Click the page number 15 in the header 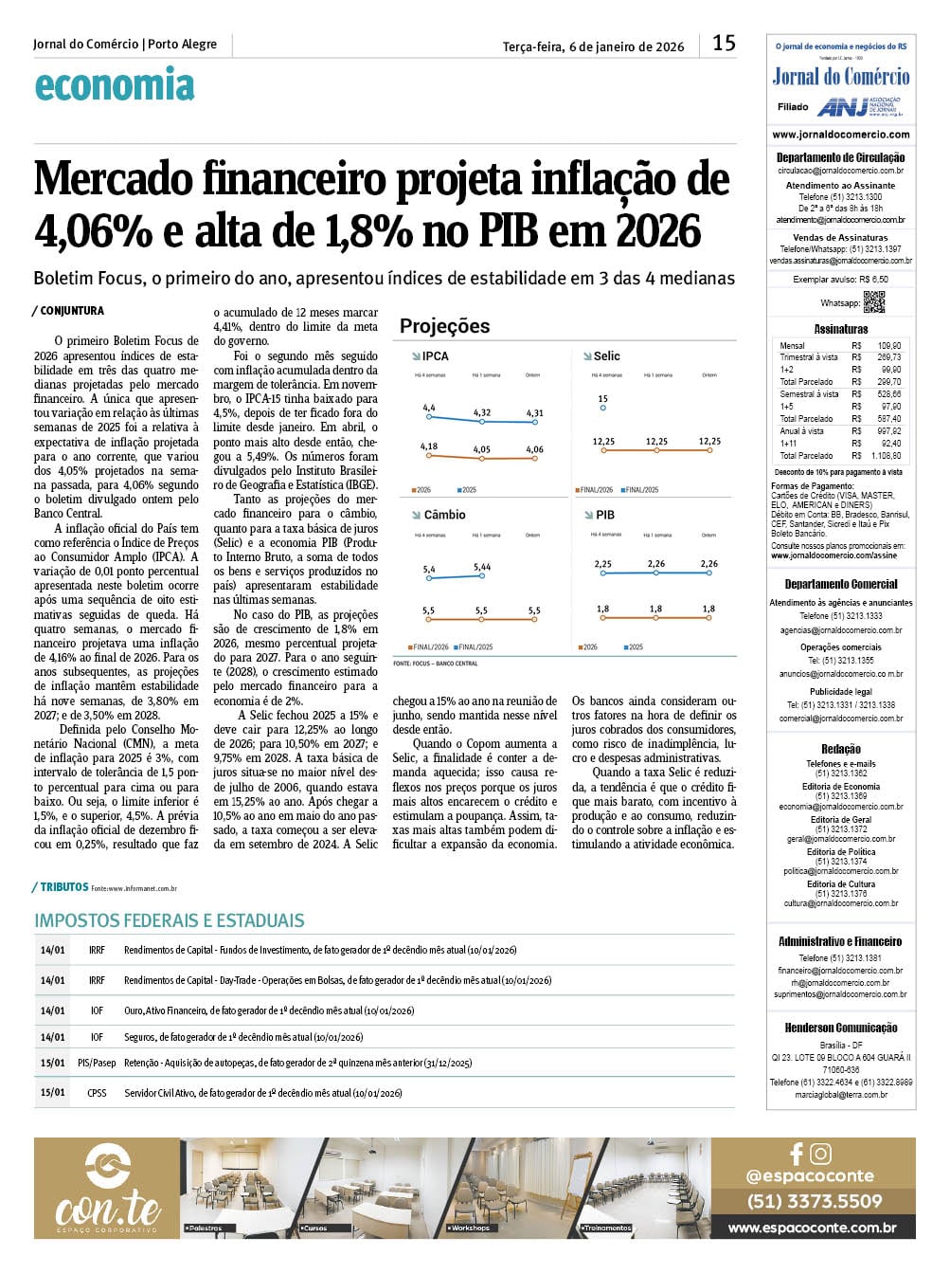pos(724,43)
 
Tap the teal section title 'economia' pos(114,85)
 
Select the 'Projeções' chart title pos(444,326)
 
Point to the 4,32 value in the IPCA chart pos(481,412)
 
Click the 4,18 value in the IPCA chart pos(428,446)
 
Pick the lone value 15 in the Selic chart pos(602,399)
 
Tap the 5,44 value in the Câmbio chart pos(481,567)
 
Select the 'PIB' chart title pos(604,515)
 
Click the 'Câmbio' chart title pos(444,515)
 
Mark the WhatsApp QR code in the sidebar pos(873,302)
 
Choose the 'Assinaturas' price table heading pos(840,329)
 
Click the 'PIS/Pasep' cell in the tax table pos(97,1064)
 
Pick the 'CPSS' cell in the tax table pos(97,1093)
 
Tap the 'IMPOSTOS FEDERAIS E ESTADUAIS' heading pos(170,920)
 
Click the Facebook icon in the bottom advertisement pos(797,1154)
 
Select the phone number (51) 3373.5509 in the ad pos(814,1201)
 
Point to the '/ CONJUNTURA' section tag pos(68,311)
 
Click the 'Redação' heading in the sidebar pos(840,749)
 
